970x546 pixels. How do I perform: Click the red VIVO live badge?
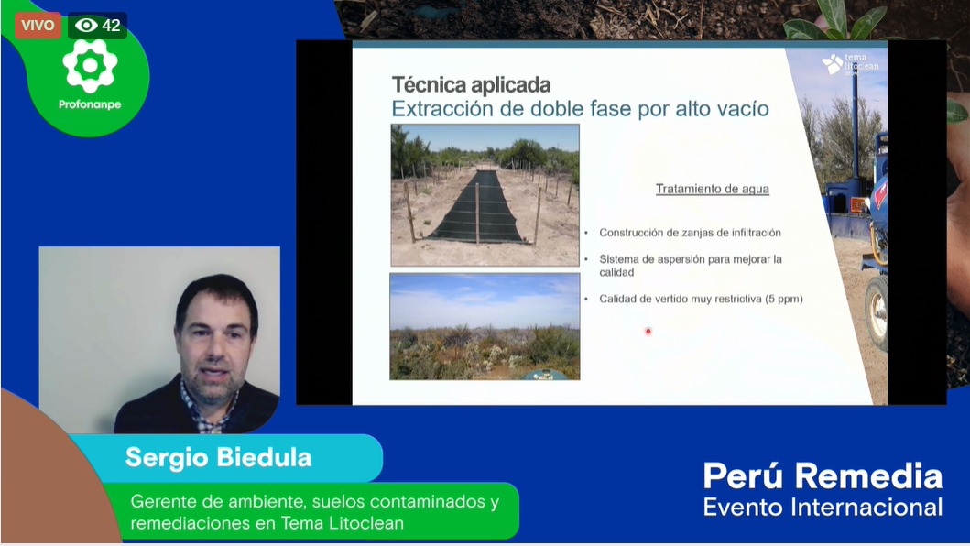(38, 26)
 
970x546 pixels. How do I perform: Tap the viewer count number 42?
(112, 26)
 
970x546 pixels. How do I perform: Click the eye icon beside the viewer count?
(87, 26)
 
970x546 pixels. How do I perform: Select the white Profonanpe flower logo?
(91, 66)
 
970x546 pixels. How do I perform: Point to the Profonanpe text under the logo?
(90, 104)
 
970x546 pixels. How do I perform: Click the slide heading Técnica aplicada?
(472, 84)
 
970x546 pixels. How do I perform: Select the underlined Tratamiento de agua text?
(713, 189)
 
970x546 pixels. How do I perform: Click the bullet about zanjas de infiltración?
(690, 233)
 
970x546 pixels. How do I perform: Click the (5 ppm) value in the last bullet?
(784, 299)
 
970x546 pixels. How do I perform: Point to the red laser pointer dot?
(648, 332)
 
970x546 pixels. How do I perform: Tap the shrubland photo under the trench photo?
(485, 326)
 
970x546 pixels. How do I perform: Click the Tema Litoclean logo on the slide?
(850, 64)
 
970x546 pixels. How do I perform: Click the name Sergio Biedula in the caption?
(218, 457)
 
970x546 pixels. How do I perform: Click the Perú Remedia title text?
(823, 476)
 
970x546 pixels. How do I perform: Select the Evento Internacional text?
(823, 507)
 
